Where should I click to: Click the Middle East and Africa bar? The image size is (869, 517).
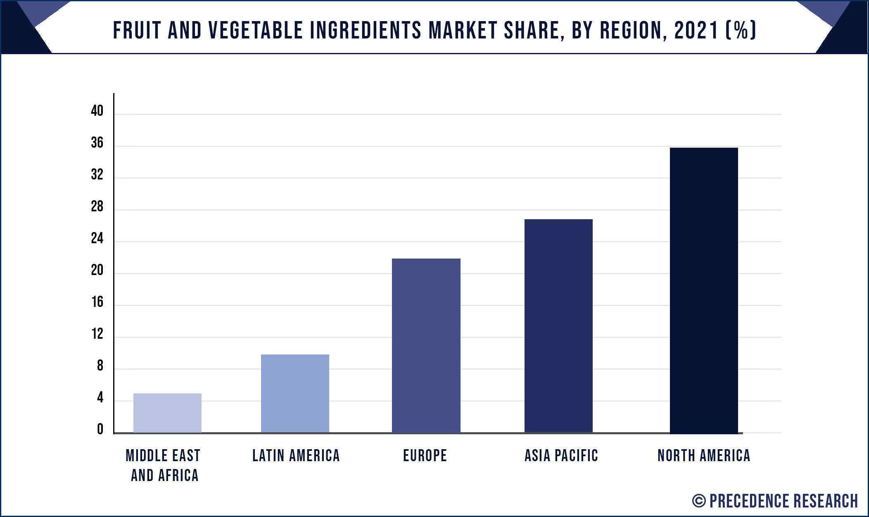[x=167, y=413]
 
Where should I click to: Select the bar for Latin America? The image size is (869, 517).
[x=295, y=393]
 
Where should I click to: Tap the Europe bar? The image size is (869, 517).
[x=426, y=345]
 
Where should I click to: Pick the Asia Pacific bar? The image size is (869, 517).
[x=558, y=326]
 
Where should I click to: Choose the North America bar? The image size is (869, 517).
[x=703, y=290]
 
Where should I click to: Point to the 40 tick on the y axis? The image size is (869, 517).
[x=97, y=111]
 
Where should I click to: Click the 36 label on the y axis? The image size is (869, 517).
[x=97, y=143]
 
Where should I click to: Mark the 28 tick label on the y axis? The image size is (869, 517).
[x=97, y=207]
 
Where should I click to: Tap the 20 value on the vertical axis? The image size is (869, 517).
[x=97, y=270]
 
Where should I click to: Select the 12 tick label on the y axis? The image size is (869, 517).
[x=97, y=334]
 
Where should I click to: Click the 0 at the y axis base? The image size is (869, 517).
[x=100, y=430]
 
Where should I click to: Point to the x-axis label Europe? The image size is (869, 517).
[x=425, y=456]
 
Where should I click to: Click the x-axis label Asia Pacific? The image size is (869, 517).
[x=561, y=456]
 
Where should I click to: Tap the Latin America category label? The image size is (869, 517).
[x=296, y=456]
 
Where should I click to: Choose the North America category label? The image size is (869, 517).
[x=703, y=456]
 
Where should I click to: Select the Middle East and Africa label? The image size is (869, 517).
[x=164, y=465]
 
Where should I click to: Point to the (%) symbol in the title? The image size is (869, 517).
[x=741, y=31]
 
